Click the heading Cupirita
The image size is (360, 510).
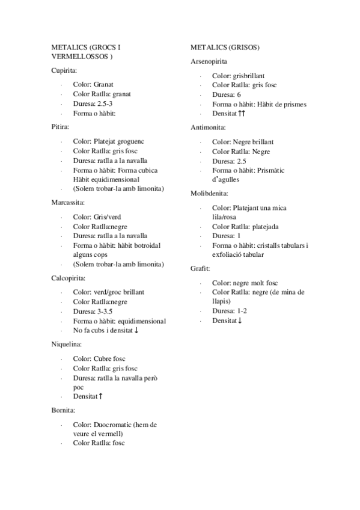point(64,71)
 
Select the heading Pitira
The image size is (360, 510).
point(61,127)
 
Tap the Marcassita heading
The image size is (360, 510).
point(68,202)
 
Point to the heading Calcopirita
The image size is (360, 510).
point(69,278)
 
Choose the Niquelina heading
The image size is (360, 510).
point(67,344)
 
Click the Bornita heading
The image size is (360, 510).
point(63,410)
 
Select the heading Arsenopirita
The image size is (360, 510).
point(209,61)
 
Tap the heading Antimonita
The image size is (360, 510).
point(208,127)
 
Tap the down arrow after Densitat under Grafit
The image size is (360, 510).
point(240,321)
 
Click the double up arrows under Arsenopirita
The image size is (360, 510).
point(242,114)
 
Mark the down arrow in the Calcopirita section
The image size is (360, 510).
point(138,331)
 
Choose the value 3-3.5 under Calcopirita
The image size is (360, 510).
point(105,312)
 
